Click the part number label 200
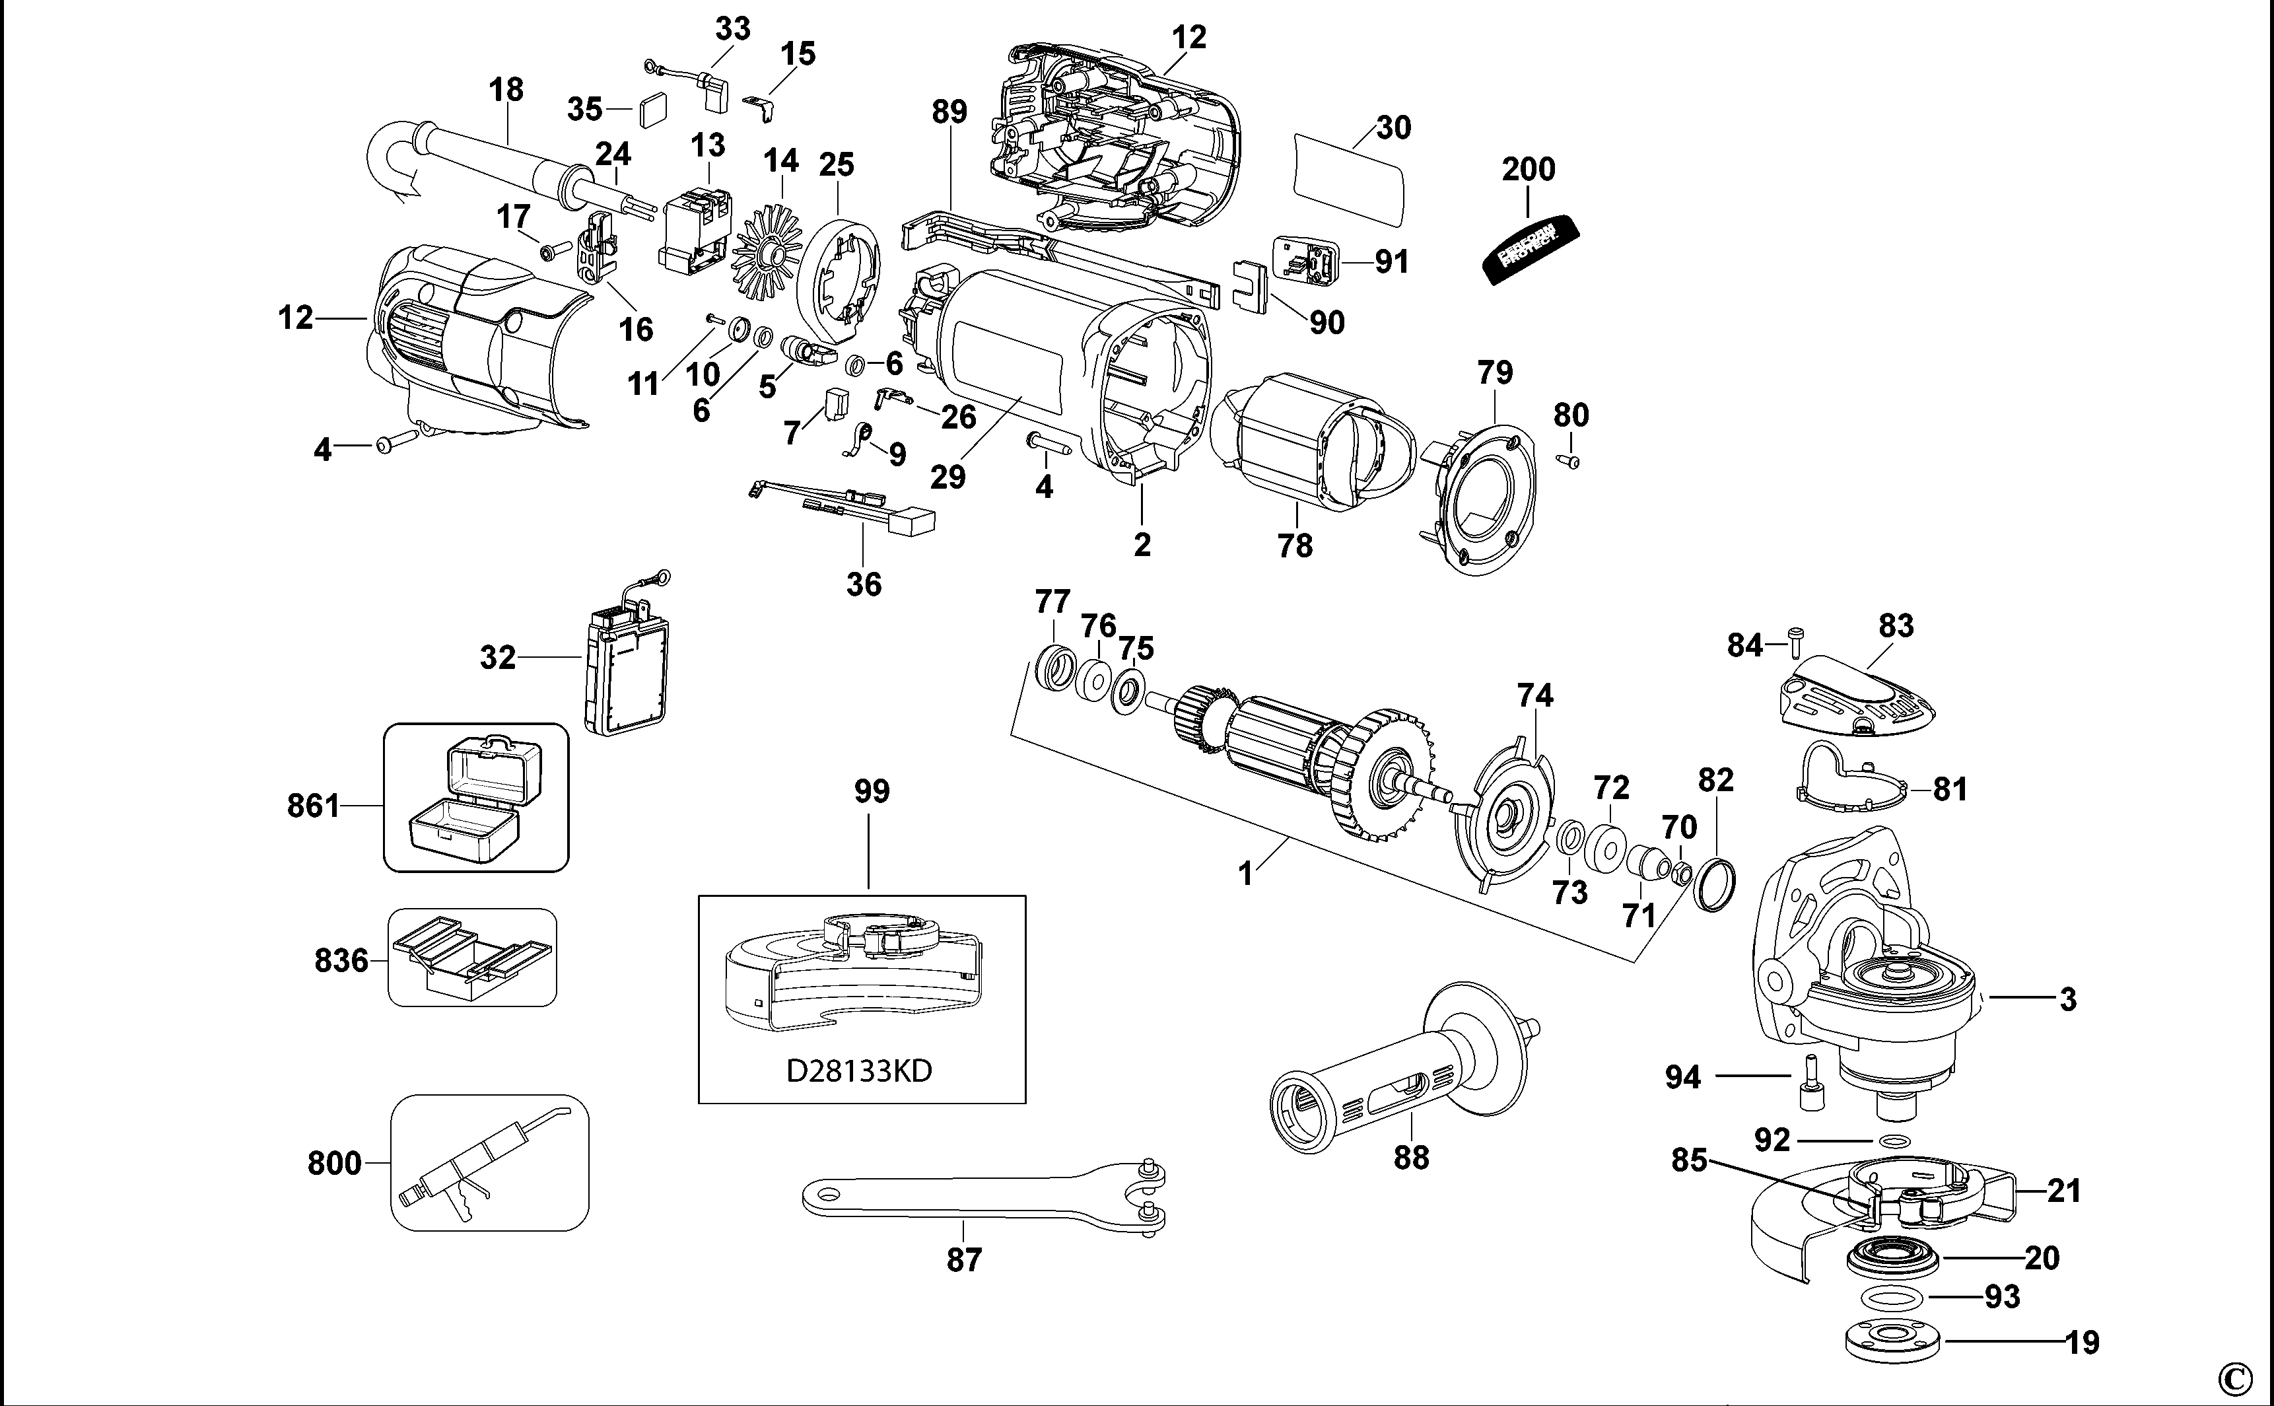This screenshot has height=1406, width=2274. [x=1527, y=169]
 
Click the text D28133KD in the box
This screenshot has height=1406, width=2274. [x=859, y=1071]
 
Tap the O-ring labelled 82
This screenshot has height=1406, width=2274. [x=1715, y=884]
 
